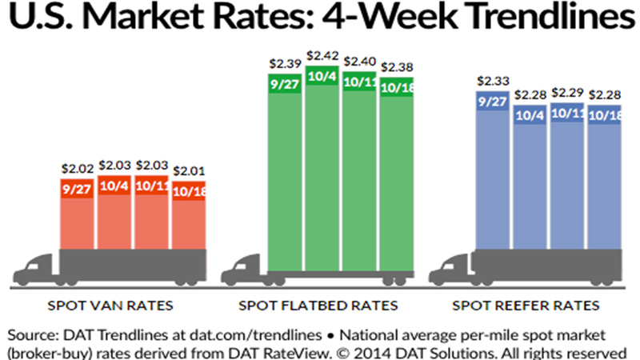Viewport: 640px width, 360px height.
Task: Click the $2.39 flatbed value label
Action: [286, 62]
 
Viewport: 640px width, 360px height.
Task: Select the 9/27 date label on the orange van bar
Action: [78, 190]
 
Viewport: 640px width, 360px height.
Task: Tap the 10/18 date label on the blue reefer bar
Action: [605, 115]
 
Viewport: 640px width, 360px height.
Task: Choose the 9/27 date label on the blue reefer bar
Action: [491, 102]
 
